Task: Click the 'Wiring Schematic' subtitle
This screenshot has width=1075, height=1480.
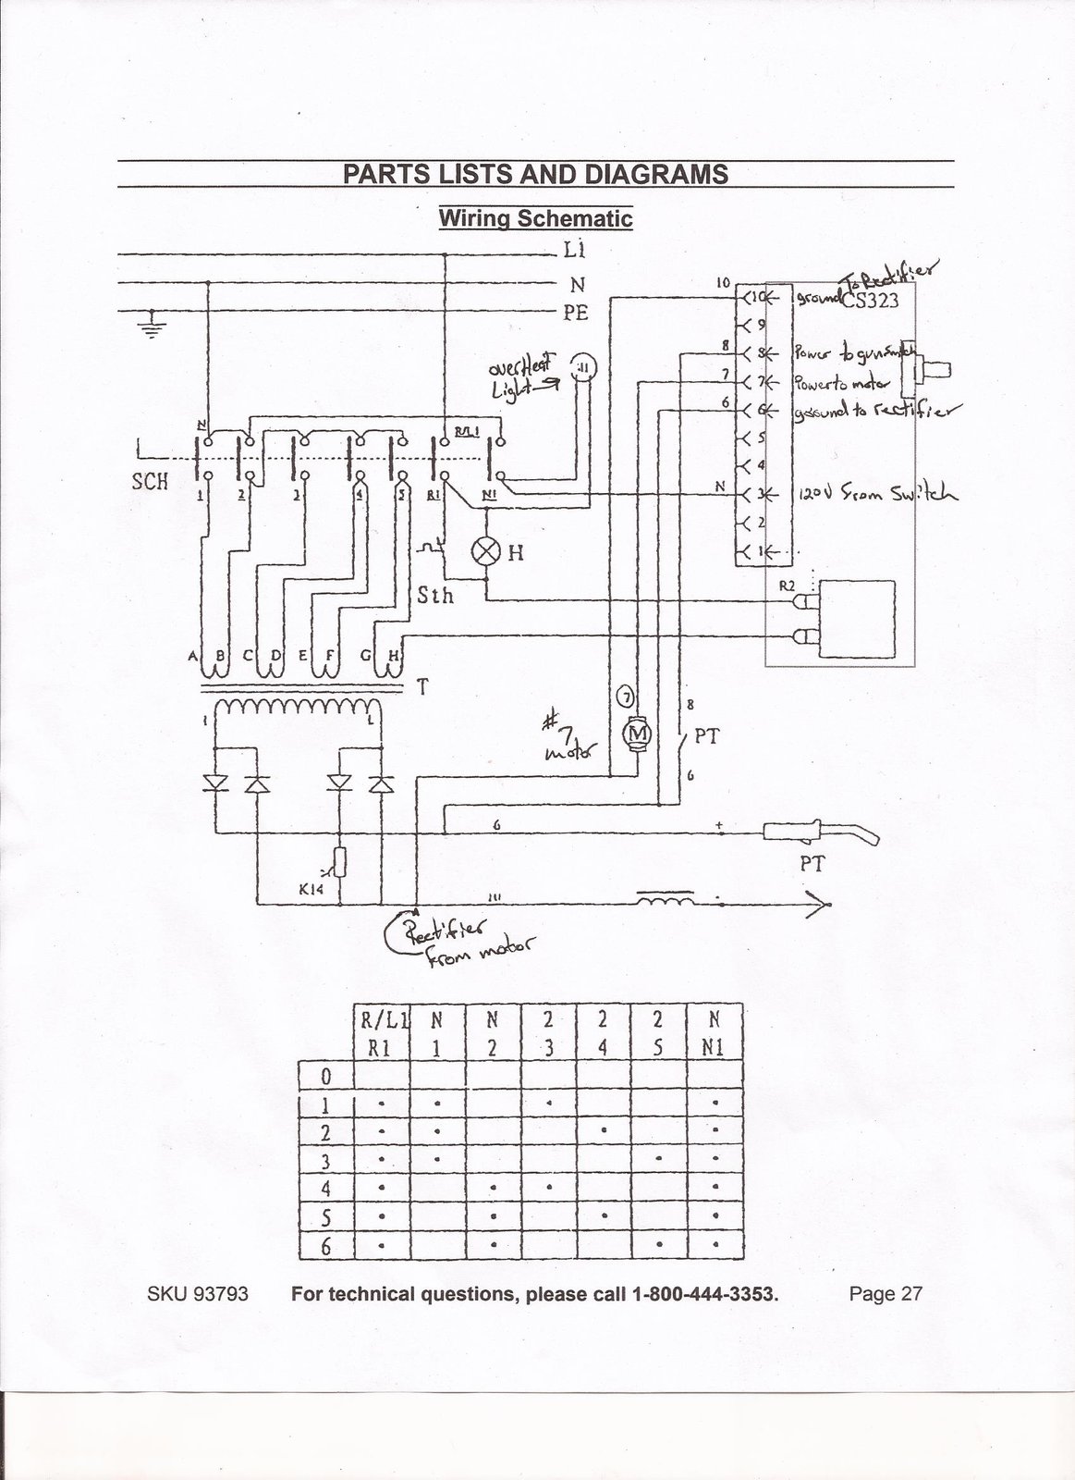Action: [x=535, y=219]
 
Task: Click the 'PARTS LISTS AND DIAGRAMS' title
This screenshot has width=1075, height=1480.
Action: [x=535, y=174]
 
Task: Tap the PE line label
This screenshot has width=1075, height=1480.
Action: [x=576, y=313]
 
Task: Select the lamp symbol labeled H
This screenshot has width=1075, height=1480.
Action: [x=485, y=552]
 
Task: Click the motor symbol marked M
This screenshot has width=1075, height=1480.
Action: [x=636, y=734]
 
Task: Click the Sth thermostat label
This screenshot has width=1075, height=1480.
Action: [x=435, y=595]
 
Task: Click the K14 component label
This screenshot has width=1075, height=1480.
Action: [x=312, y=890]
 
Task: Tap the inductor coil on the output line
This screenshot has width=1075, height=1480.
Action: [x=665, y=900]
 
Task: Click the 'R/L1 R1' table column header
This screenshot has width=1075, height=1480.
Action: [x=382, y=1035]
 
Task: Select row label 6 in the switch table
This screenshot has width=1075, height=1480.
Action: [x=325, y=1247]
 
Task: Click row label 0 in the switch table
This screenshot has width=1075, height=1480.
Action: [x=325, y=1078]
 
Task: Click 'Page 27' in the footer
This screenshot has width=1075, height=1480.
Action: [x=886, y=1294]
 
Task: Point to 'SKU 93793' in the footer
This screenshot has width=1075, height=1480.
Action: [x=198, y=1294]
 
